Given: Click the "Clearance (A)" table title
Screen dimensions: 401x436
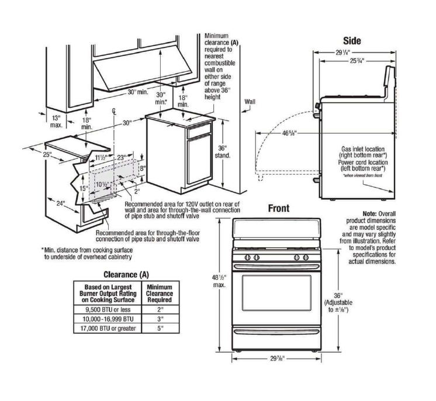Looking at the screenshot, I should pos(126,274).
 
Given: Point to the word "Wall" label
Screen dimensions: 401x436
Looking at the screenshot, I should pos(250,101).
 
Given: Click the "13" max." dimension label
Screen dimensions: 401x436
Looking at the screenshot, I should pos(56,121).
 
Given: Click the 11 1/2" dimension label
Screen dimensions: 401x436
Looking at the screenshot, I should pos(101,159).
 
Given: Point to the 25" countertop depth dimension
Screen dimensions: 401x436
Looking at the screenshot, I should pos(47,154).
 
